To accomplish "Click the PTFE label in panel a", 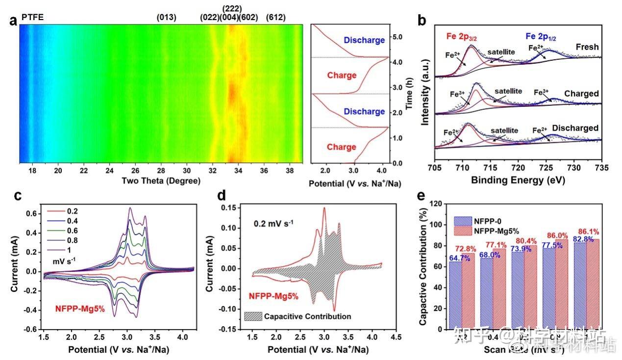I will tap(32, 18).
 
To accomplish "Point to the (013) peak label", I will tap(166, 18).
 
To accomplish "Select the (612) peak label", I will tap(275, 18).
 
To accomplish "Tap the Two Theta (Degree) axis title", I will tap(161, 181).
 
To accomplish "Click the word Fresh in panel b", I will tap(587, 47).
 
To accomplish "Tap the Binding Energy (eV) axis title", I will tap(518, 180).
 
